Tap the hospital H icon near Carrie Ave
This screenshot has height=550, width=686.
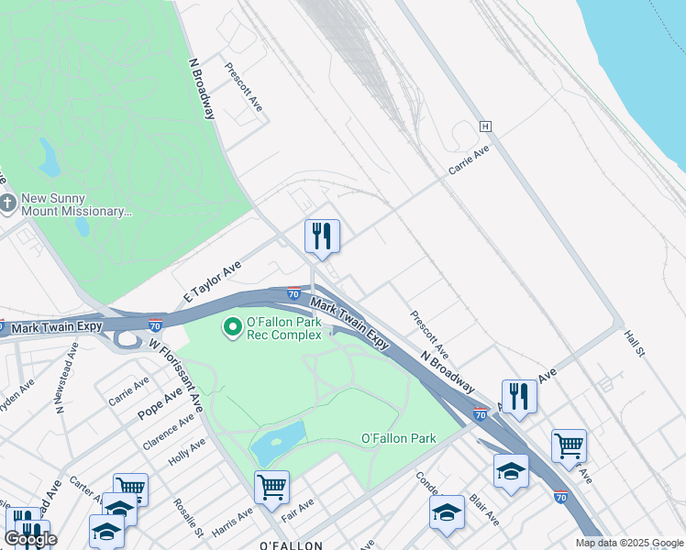click(x=484, y=126)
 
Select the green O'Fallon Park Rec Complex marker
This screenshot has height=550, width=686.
click(x=233, y=325)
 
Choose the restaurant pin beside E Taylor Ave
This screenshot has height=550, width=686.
click(x=322, y=236)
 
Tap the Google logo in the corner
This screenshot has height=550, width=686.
click(x=30, y=539)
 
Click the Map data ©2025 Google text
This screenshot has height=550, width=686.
click(x=629, y=543)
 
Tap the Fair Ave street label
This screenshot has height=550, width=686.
click(x=298, y=506)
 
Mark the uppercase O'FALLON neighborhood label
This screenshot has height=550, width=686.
click(x=291, y=545)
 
